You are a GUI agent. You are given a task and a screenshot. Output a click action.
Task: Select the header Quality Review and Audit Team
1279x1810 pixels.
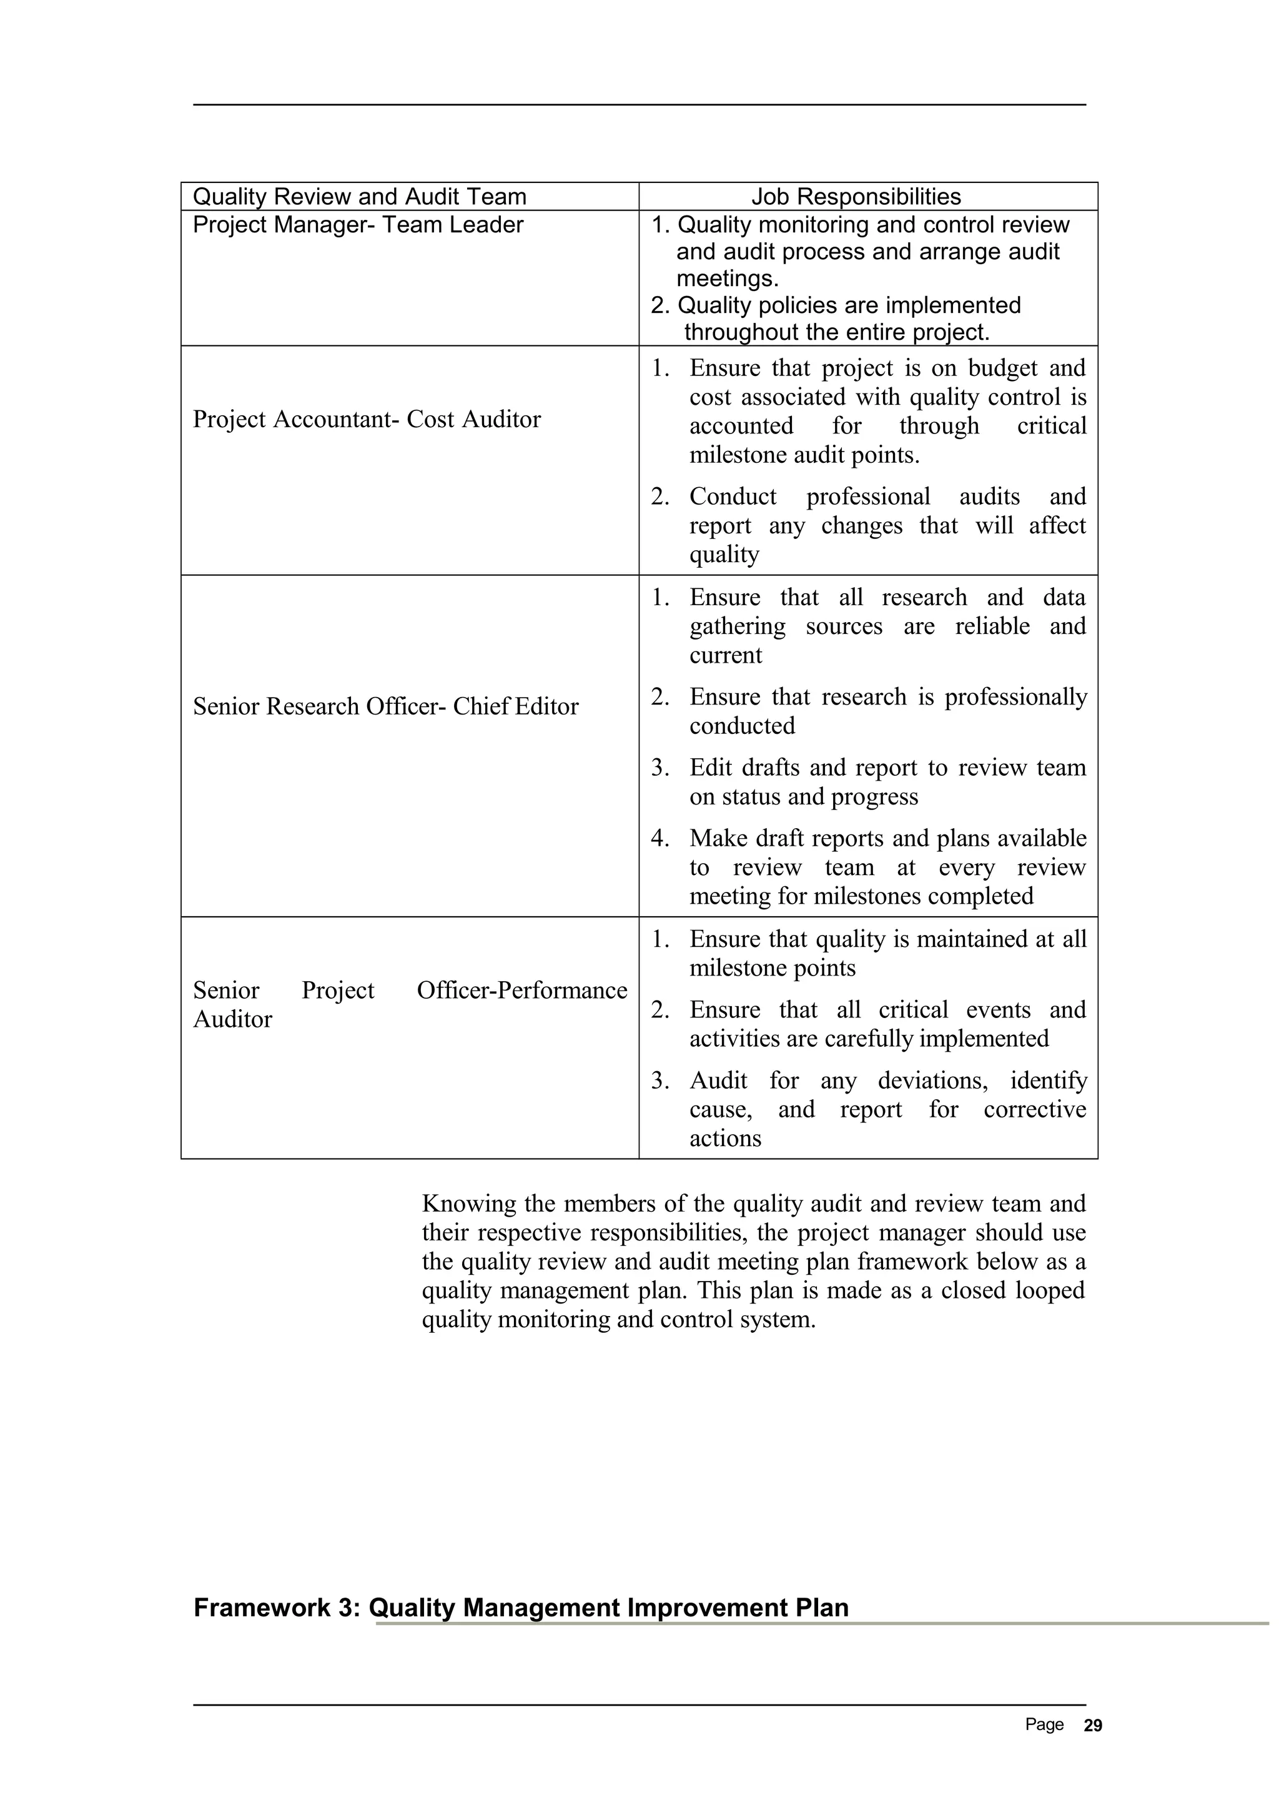coord(359,197)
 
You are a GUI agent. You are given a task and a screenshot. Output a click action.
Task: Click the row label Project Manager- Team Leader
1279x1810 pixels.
coord(358,225)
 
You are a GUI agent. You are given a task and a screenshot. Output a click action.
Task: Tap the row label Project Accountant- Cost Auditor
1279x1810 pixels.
coord(367,419)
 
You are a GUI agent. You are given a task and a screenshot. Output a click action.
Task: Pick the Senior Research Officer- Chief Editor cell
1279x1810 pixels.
coord(385,706)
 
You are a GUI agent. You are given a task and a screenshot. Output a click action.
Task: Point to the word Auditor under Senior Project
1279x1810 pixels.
coord(232,1019)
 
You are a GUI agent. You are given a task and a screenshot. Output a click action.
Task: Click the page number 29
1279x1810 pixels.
coord(1093,1726)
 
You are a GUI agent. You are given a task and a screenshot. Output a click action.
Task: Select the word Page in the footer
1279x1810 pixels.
coord(1044,1725)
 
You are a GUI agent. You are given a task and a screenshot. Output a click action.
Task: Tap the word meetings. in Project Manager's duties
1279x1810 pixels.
coord(726,279)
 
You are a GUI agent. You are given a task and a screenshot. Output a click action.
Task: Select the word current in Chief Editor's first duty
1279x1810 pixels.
coord(725,656)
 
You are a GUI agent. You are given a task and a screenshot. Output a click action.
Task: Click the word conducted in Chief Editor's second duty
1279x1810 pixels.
coord(741,726)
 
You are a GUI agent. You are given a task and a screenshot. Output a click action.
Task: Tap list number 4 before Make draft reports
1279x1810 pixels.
coord(659,839)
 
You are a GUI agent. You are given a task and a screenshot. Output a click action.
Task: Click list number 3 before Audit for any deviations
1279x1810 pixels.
coord(659,1081)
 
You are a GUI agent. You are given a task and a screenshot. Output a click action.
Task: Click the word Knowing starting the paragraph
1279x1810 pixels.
coord(469,1204)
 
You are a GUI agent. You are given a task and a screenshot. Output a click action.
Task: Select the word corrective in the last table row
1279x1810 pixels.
coord(1034,1110)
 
